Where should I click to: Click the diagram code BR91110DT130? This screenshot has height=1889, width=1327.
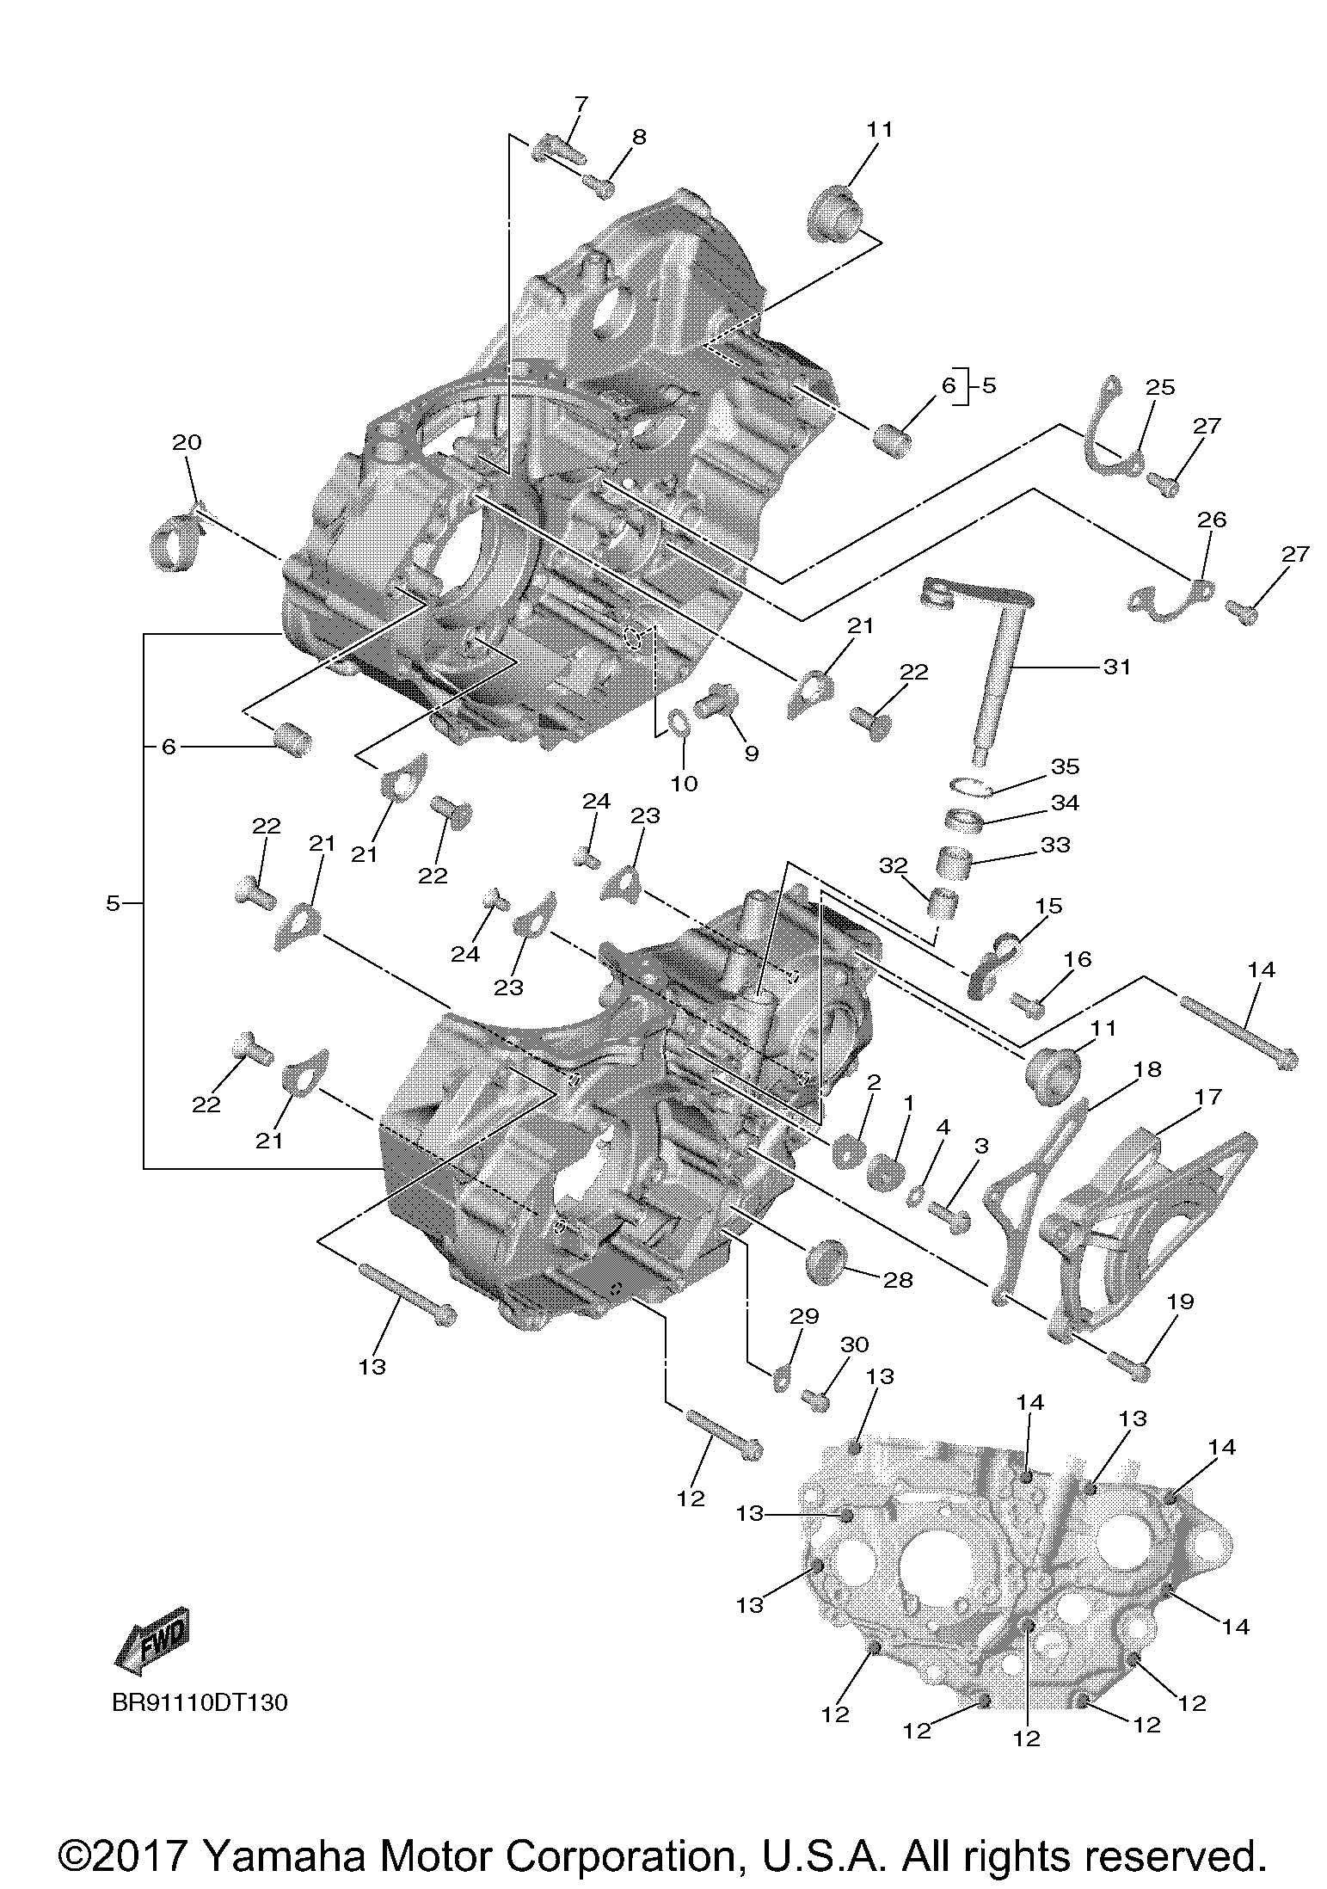[200, 1702]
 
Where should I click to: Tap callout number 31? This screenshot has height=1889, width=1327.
[1117, 666]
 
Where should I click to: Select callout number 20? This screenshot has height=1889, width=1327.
[187, 442]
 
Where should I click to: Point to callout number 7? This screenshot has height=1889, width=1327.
[581, 105]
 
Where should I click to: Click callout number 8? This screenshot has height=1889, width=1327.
[639, 137]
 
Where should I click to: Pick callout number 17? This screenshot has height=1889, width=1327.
[1208, 1097]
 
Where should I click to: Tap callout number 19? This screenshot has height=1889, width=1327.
[1181, 1301]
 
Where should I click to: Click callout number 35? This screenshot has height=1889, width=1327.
[1065, 766]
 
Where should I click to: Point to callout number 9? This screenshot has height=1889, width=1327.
[752, 754]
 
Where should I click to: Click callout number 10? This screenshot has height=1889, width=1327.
[685, 784]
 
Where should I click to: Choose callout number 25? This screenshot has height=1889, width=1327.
[1159, 387]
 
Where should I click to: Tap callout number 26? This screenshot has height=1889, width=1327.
[1211, 520]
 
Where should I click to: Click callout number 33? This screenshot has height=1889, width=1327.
[1055, 845]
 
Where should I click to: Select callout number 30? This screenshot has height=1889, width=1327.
[854, 1344]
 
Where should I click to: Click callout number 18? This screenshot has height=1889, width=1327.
[1147, 1069]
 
